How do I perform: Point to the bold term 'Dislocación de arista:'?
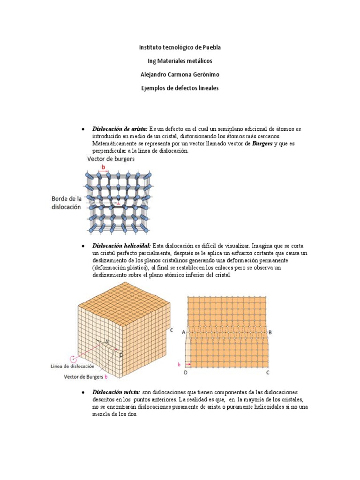[120, 128]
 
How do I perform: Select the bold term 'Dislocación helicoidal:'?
[122, 246]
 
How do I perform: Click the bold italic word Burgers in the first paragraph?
[262, 143]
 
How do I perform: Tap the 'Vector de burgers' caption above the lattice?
[111, 159]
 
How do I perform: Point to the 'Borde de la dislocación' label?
[66, 202]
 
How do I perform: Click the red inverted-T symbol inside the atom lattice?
[118, 203]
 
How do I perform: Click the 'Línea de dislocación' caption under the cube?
[73, 366]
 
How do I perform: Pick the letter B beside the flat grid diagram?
[271, 331]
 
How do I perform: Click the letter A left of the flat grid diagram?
[183, 331]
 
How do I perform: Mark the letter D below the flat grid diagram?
[185, 373]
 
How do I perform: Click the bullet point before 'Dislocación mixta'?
[82, 392]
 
